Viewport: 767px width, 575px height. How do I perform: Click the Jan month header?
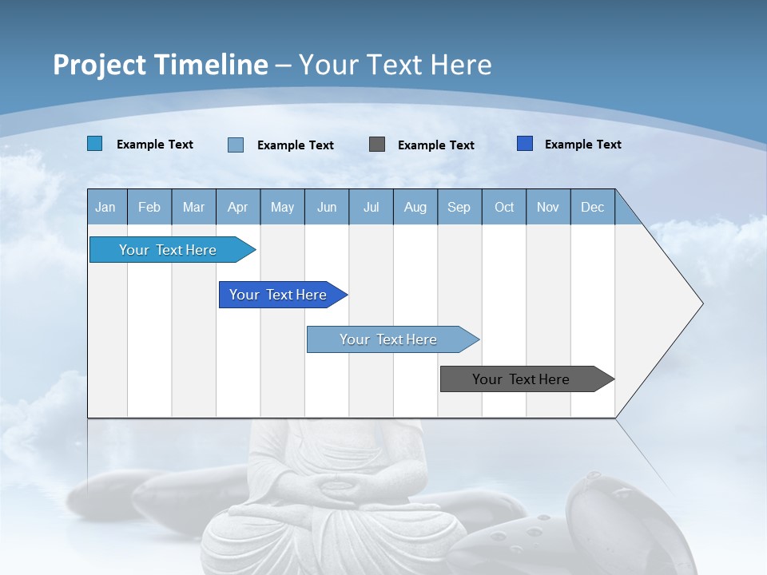click(105, 207)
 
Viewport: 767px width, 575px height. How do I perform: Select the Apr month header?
click(237, 207)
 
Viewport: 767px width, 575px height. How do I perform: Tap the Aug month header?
click(415, 207)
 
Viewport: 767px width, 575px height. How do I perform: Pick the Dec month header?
click(592, 207)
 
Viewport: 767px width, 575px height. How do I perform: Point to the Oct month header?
click(504, 207)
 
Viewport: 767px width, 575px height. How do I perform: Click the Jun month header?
click(327, 207)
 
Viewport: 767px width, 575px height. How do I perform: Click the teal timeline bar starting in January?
click(168, 250)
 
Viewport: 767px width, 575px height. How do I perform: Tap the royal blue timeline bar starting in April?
click(278, 295)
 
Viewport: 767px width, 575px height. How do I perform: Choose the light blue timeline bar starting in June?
click(388, 339)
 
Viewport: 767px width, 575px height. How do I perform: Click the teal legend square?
click(94, 144)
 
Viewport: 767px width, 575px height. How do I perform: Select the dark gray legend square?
click(377, 145)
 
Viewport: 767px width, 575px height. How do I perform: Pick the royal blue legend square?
click(525, 144)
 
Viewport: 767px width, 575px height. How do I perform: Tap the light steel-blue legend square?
click(236, 145)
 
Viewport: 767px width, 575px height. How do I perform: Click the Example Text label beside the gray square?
click(435, 145)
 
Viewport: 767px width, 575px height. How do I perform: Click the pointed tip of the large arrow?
click(701, 303)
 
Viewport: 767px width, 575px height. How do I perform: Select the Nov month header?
click(548, 207)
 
